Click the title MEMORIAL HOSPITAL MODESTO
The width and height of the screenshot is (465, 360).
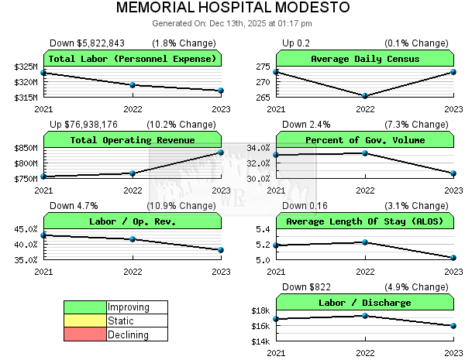pos(232,9)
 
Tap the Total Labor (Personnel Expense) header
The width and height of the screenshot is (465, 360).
pos(133,59)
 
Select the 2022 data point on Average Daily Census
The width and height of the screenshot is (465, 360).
pos(365,96)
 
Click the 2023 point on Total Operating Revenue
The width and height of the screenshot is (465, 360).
pos(221,153)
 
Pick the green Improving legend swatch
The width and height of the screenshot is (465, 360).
pos(84,307)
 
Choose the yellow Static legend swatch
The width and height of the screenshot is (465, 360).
pos(84,321)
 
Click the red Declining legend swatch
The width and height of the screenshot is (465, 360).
pos(84,334)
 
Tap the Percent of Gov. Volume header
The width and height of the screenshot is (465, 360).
pos(365,140)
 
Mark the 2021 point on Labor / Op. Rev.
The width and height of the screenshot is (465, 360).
pos(43,235)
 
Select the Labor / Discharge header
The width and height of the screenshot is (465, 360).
pos(365,303)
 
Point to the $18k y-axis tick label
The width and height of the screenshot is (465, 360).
pos(260,310)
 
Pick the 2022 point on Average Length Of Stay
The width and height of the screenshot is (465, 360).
pos(365,242)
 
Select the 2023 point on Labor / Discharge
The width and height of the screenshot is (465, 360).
pos(453,326)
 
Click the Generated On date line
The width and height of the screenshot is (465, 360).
pos(232,23)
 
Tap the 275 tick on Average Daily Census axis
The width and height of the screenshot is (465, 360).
pos(263,67)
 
